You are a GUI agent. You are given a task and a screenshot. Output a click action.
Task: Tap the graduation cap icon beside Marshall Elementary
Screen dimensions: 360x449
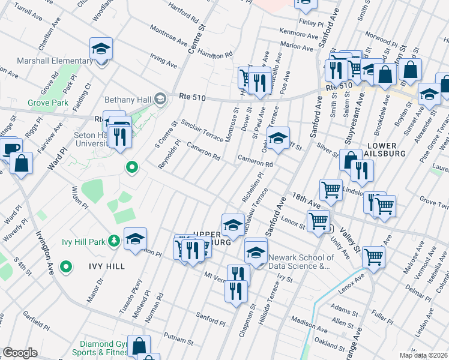click(x=101, y=49)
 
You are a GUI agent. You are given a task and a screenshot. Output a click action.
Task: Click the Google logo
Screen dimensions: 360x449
click(x=20, y=352)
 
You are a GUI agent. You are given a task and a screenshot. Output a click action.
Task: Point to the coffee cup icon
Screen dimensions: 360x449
click(x=10, y=148)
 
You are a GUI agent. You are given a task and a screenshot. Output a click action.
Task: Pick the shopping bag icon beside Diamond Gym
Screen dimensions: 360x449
click(x=139, y=346)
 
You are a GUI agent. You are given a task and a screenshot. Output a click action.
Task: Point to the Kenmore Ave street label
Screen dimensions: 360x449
click(x=299, y=34)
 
